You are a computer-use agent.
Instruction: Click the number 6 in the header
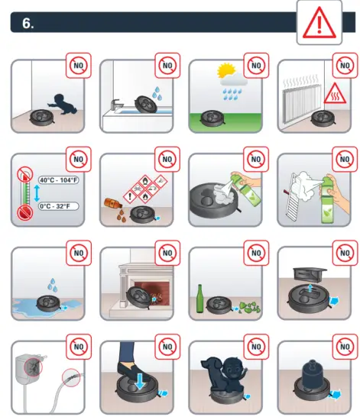pos(28,23)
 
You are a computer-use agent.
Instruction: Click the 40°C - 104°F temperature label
pos(58,181)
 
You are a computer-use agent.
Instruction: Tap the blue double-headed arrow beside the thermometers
pos(36,193)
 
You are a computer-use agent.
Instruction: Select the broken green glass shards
pos(247,307)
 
